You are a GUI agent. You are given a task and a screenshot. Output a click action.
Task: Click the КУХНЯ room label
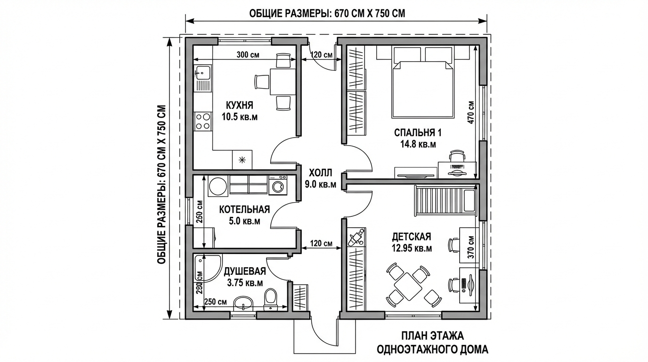[239, 105]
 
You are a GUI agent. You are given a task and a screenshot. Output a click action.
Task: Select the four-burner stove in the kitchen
[203, 121]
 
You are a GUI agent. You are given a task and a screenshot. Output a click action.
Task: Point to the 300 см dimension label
[248, 55]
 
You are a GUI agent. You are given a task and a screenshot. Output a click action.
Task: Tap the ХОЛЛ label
[321, 173]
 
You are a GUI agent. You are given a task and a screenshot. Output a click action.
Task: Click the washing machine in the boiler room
[278, 185]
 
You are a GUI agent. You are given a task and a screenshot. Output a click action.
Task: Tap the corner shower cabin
[207, 268]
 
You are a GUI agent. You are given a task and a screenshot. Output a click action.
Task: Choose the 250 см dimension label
[215, 302]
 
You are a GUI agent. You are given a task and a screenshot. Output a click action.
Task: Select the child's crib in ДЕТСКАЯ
[445, 201]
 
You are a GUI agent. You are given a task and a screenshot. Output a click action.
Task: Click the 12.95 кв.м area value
[412, 248]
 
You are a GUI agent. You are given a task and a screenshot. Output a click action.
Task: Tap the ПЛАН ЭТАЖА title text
[432, 336]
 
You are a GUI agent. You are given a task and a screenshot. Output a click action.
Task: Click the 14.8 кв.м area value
[418, 144]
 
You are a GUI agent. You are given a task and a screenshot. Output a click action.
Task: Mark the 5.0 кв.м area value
[244, 221]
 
